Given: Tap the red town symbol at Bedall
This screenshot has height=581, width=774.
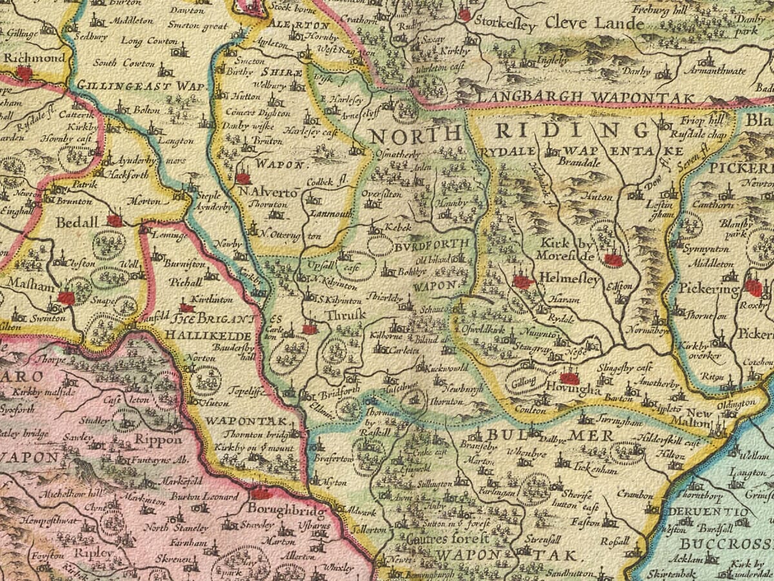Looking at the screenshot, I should click(x=114, y=221).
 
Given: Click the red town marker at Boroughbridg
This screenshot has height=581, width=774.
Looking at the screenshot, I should click(x=261, y=494).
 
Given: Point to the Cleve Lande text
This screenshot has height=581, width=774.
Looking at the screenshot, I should click(x=594, y=24).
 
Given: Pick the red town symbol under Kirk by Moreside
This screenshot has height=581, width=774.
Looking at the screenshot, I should click(x=613, y=260).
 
